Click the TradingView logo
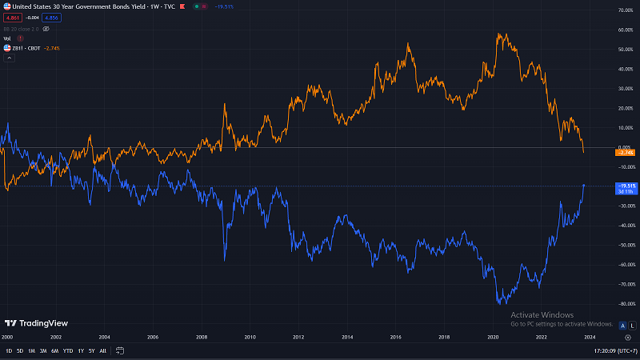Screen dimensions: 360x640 point(36,323)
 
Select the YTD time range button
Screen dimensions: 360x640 point(68,351)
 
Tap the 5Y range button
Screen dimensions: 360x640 point(91,351)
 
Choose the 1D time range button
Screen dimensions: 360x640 point(9,351)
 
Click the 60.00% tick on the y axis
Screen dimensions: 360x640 point(625,30)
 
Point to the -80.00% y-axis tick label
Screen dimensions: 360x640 point(625,304)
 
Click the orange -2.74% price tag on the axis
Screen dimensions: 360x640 point(626,152)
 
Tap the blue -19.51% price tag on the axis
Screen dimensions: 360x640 point(626,186)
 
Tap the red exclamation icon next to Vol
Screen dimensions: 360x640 point(20,38)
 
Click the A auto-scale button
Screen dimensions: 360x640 point(622,325)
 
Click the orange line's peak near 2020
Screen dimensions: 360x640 point(499,34)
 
